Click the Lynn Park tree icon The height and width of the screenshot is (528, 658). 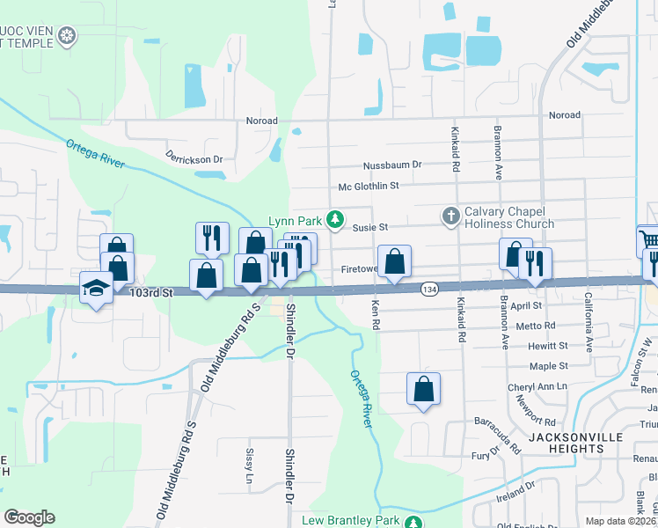334,219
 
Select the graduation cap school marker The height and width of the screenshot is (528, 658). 95,288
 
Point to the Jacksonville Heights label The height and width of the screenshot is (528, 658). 575,443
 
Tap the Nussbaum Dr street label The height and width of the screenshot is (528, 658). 392,165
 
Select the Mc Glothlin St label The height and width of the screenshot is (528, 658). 369,186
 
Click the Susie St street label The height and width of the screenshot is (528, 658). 370,227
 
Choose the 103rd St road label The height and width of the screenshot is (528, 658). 148,291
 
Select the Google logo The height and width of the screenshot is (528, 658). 29,517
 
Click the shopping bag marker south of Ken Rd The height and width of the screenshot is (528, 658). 423,388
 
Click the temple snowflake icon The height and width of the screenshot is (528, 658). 67,36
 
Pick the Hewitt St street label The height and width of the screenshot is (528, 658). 549,346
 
